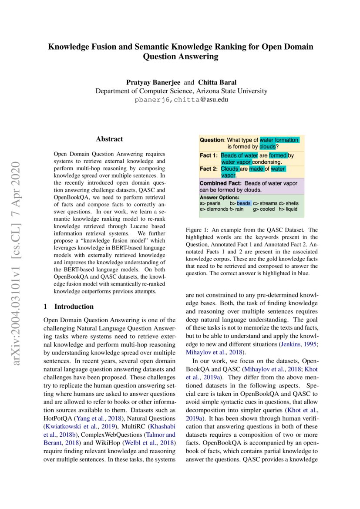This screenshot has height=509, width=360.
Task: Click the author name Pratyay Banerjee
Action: click(x=153, y=82)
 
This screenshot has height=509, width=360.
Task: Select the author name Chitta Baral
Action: click(x=217, y=82)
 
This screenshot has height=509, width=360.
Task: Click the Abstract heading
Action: click(x=109, y=139)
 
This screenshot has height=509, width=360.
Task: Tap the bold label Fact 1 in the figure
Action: click(x=208, y=155)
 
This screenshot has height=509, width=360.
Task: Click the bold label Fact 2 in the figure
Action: click(x=208, y=169)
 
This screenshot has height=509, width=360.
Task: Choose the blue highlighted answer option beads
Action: click(x=244, y=203)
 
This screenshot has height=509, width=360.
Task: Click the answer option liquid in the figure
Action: click(x=292, y=209)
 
